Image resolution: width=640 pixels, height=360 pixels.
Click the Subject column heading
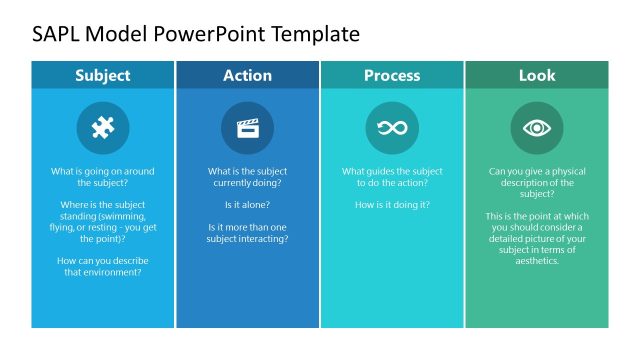[103, 75]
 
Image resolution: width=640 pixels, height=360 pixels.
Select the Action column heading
[247, 75]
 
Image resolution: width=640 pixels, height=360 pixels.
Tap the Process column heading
[392, 75]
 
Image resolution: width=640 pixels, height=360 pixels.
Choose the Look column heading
[536, 75]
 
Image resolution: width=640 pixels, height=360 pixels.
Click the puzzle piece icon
[103, 128]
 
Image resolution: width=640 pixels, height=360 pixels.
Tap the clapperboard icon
[247, 128]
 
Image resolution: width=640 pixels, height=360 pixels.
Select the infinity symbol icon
[392, 128]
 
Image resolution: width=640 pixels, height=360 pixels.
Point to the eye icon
[536, 128]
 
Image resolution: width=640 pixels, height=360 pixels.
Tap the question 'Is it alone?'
[247, 205]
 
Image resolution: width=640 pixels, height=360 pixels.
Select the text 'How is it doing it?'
[392, 205]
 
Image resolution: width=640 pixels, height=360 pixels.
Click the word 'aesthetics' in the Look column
[536, 261]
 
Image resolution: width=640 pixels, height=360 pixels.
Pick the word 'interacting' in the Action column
[263, 239]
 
